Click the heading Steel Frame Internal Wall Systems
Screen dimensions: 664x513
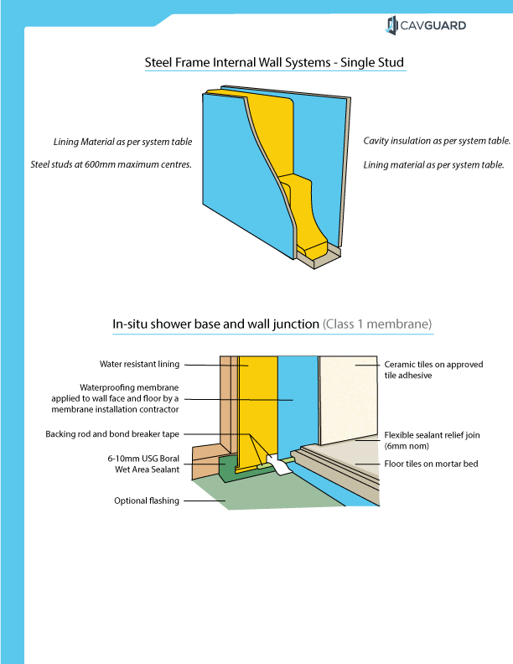pos(275,63)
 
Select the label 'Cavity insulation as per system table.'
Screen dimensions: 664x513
pos(437,141)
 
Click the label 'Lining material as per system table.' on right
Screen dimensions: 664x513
pos(433,165)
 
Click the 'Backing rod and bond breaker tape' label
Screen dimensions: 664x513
pos(114,434)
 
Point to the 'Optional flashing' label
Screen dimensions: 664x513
pos(146,501)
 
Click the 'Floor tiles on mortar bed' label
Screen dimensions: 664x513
pos(431,464)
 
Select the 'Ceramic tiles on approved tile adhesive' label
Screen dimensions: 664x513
pos(433,370)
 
